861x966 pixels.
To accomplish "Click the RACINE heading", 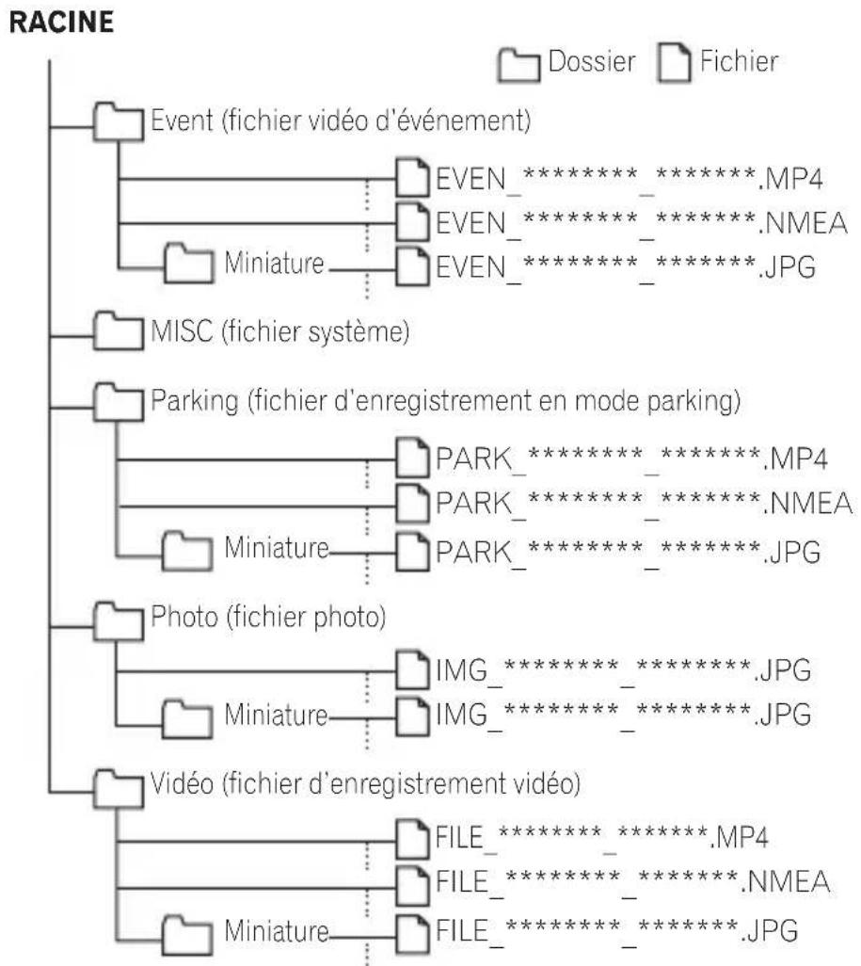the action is pyautogui.click(x=61, y=23).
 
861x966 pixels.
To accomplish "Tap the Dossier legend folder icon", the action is pyautogui.click(x=518, y=65).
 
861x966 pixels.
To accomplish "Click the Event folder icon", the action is pyautogui.click(x=119, y=122).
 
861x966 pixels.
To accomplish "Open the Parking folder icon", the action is pyautogui.click(x=119, y=402).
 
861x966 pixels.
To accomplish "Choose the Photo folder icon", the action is pyautogui.click(x=119, y=621).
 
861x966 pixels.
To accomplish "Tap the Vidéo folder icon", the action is pyautogui.click(x=119, y=788).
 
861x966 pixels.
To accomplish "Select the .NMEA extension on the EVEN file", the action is pyautogui.click(x=803, y=223).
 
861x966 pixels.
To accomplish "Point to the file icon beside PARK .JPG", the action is pyautogui.click(x=412, y=552).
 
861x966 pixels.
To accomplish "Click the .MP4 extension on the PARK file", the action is pyautogui.click(x=795, y=459).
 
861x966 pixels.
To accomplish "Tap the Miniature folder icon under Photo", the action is pyautogui.click(x=187, y=718).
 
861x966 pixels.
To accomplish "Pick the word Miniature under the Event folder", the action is pyautogui.click(x=274, y=263).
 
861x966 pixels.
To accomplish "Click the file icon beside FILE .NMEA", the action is pyautogui.click(x=412, y=885).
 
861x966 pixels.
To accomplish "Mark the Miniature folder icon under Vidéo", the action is pyautogui.click(x=187, y=935).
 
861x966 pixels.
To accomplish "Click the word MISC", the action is pyautogui.click(x=182, y=331).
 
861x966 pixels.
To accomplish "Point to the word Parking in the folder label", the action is pyautogui.click(x=195, y=402).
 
